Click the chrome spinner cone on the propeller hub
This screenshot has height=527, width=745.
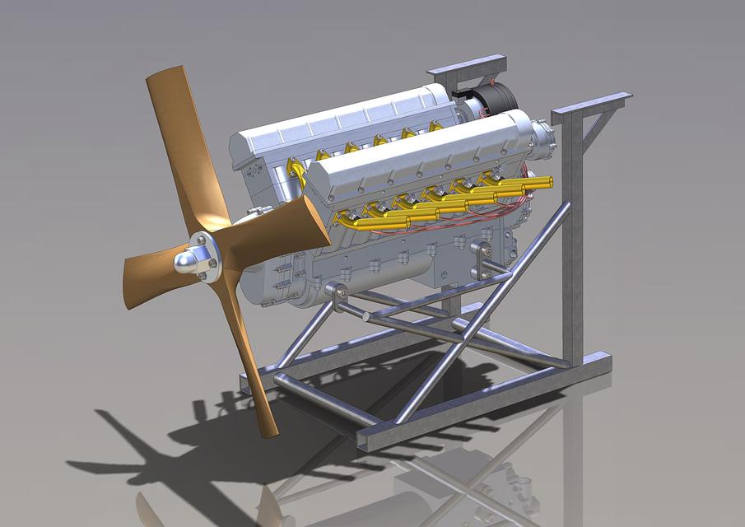pos(185,263)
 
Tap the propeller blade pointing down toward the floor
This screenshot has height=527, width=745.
pos(251,371)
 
